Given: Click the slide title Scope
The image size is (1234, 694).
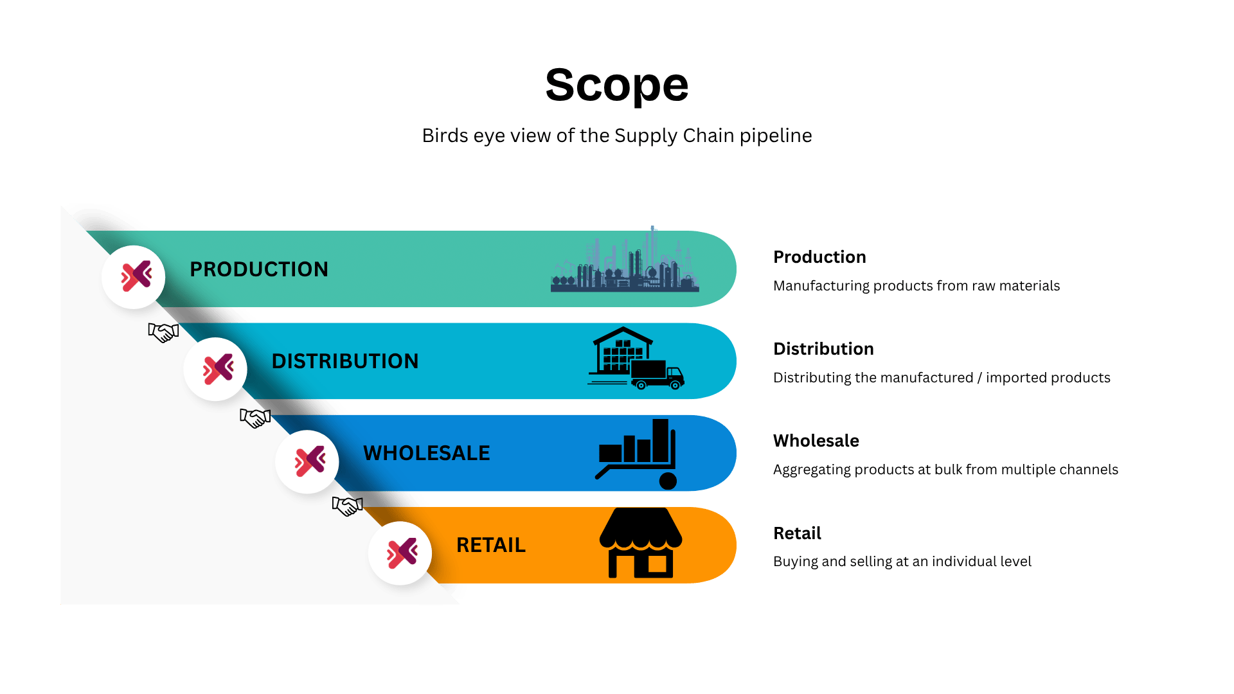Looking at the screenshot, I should (616, 85).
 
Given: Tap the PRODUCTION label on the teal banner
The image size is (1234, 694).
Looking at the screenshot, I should (258, 269).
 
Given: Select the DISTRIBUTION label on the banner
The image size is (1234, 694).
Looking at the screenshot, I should (344, 361).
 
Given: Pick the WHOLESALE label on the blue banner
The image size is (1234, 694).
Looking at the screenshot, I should (426, 453).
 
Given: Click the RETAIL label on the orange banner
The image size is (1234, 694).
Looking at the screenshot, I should (490, 545).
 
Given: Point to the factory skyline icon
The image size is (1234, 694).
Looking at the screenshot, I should (625, 263).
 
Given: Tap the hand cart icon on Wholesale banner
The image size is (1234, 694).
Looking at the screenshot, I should (637, 454).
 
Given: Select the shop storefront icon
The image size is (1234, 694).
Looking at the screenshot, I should (641, 544).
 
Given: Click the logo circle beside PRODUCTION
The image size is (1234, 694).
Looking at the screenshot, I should (134, 277).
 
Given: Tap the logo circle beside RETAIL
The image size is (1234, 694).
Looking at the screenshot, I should (400, 553).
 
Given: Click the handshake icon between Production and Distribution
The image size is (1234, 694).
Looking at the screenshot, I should (163, 332).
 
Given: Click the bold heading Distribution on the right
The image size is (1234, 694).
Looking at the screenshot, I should (823, 349).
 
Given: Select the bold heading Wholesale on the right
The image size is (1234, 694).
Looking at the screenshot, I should (816, 441).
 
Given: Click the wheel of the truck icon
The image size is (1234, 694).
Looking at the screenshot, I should (675, 385).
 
